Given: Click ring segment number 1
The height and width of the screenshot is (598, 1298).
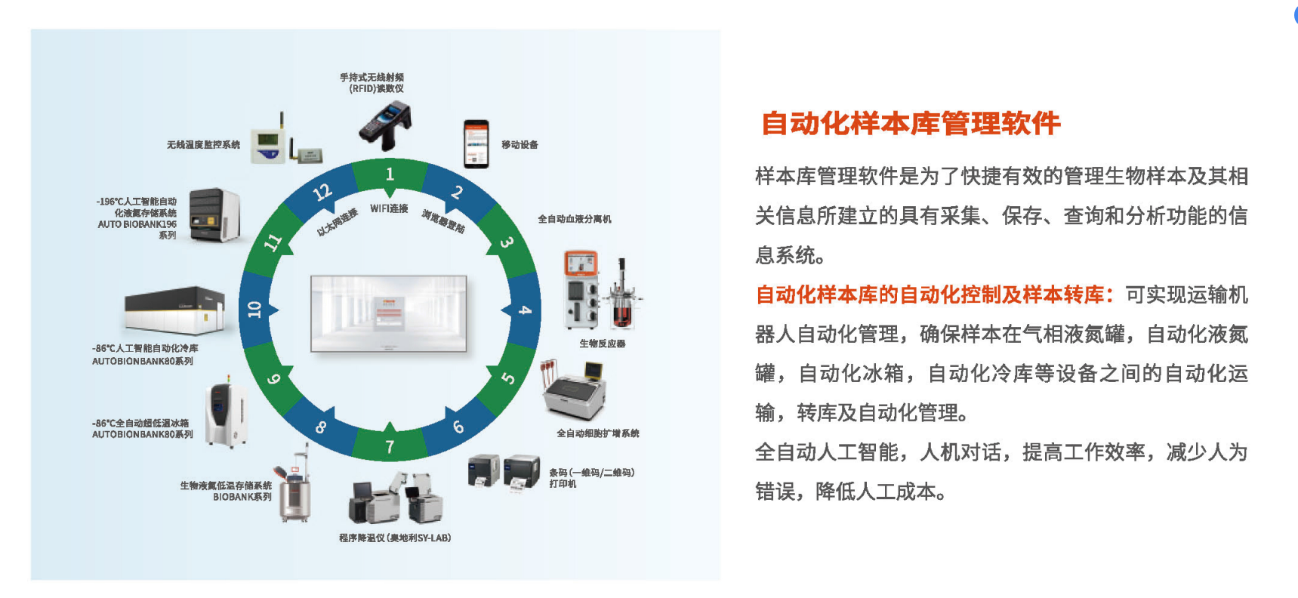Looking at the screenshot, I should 390,175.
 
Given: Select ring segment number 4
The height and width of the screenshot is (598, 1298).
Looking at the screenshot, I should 525,310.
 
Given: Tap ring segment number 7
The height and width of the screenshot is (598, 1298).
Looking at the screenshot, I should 390,446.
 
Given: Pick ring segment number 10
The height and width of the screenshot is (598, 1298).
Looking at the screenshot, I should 254,310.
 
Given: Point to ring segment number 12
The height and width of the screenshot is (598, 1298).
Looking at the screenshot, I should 322,193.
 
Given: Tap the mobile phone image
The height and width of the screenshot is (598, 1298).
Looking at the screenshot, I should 476,143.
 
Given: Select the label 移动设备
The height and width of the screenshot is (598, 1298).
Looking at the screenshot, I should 520,145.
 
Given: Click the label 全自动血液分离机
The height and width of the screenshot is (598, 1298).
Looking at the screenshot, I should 574,219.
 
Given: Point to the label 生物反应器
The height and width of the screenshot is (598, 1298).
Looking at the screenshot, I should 602,344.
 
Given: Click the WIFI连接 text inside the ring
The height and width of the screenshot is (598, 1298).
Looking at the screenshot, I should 389,209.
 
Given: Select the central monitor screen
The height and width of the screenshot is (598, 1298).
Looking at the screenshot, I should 388,313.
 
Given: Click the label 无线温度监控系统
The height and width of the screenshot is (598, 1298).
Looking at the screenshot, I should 203,145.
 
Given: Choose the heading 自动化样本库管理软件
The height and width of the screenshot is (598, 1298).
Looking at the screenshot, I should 910,123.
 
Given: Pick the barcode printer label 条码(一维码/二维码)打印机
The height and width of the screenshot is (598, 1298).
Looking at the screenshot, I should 591,478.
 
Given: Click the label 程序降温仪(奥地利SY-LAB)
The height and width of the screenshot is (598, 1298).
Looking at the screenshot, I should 394,538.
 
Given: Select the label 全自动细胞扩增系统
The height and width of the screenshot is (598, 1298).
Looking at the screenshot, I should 597,433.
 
